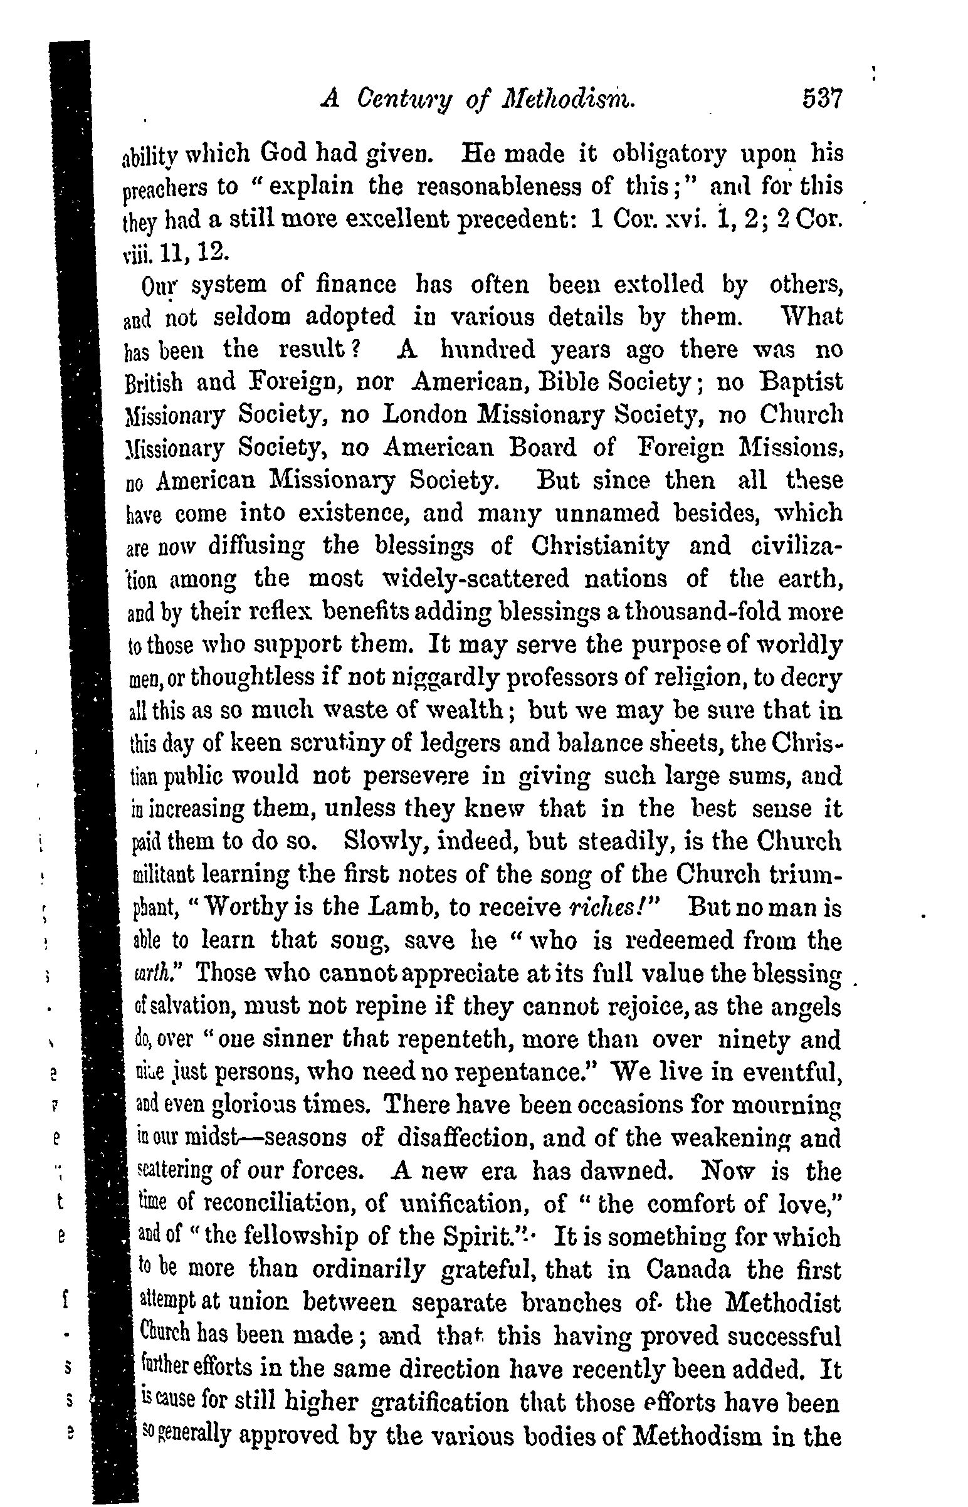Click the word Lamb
click(400, 908)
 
